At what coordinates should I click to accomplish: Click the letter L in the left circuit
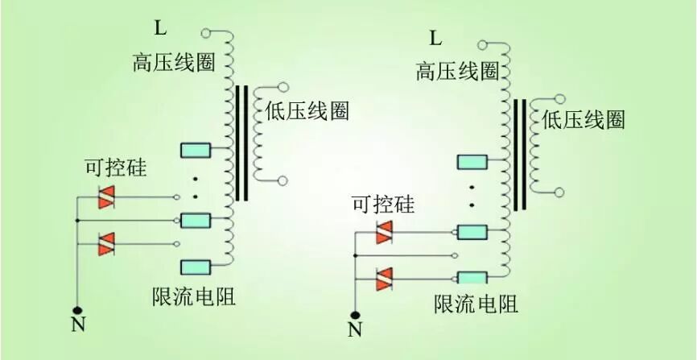[161, 29]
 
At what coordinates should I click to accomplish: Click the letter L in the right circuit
[435, 38]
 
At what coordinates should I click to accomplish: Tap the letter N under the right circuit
[355, 329]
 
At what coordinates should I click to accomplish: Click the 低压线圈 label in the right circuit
[584, 120]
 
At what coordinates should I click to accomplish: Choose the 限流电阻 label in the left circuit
[194, 296]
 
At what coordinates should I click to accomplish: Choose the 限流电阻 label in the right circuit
[476, 304]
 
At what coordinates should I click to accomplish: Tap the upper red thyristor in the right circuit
[385, 233]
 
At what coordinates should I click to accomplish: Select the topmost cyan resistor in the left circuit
[196, 150]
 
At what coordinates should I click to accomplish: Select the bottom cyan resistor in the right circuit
[472, 278]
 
